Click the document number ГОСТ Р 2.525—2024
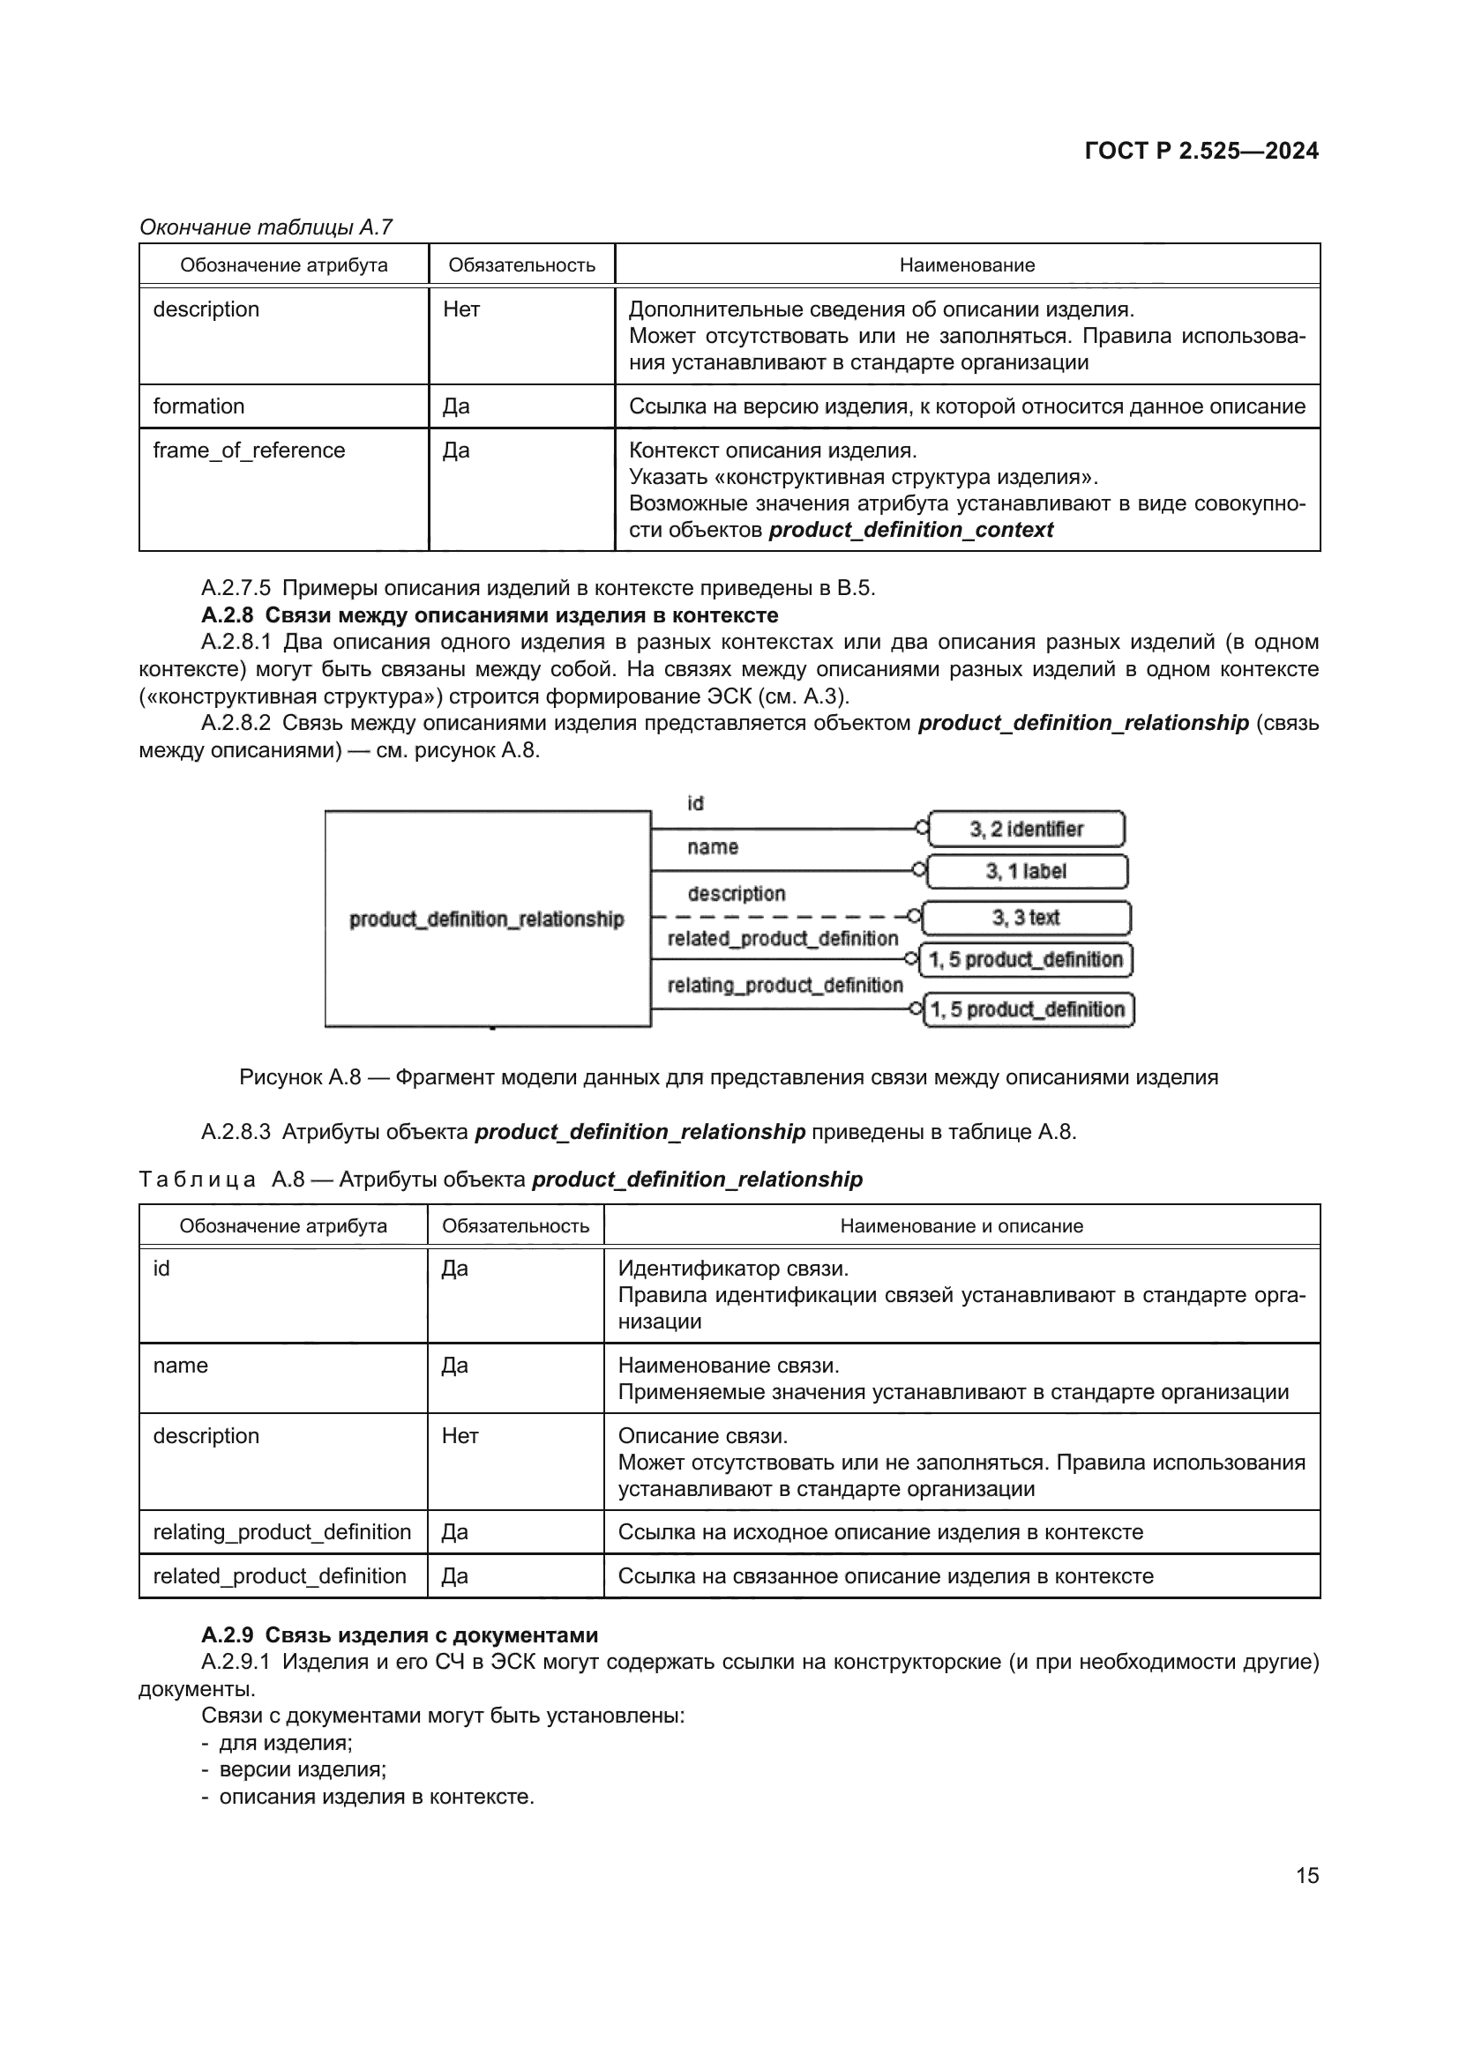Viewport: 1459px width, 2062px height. pos(1201,151)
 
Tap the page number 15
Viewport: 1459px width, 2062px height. pos(1307,1874)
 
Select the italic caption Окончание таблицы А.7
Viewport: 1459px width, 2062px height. pos(266,227)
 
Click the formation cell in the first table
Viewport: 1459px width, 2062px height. pos(198,406)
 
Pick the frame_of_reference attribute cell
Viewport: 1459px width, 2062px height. pos(249,450)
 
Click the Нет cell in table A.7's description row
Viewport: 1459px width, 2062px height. pos(461,309)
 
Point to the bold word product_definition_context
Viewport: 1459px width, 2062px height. pos(910,530)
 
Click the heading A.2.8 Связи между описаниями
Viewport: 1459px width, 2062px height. pos(490,615)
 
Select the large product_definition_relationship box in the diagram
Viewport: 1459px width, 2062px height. pos(487,919)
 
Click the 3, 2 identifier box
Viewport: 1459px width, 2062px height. pos(1026,829)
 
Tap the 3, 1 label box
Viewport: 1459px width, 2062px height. pos(1026,871)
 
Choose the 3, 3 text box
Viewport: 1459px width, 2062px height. pos(1026,917)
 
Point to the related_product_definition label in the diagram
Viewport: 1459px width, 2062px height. pos(782,939)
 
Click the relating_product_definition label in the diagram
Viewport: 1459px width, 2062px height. pos(784,986)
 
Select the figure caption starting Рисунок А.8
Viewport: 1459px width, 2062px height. pos(729,1076)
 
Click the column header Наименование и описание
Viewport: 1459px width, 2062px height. pos(961,1226)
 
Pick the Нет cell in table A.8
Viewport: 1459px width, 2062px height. pos(460,1435)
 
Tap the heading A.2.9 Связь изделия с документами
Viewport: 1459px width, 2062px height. pos(400,1634)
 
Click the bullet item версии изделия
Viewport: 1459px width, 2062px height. pos(303,1769)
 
